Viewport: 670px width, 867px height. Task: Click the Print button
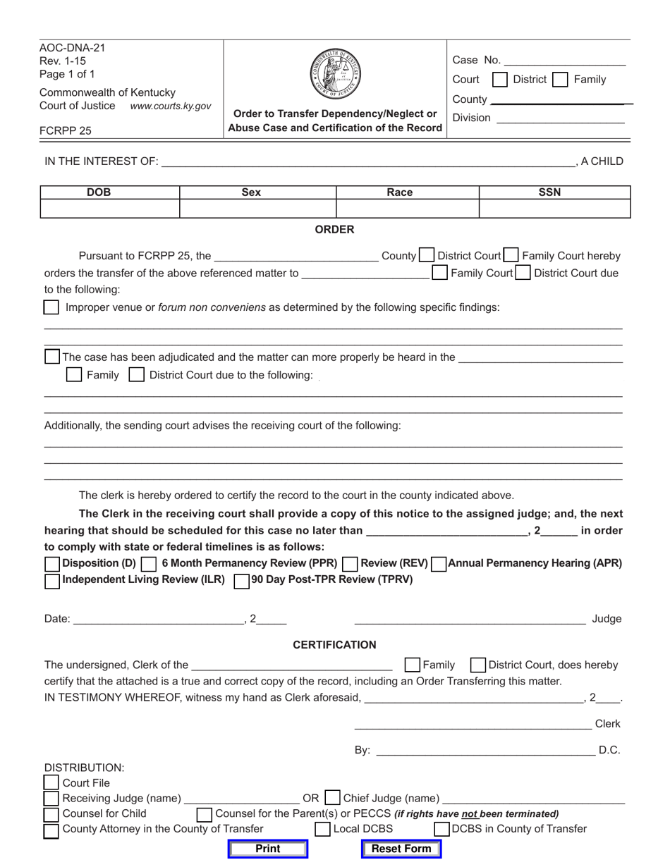pos(267,849)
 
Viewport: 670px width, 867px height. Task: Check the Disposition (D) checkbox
pos(52,564)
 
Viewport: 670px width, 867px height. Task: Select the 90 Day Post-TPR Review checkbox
pos(241,581)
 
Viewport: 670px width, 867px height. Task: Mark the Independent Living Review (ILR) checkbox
pos(52,581)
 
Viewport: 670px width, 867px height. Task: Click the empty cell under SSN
pos(554,209)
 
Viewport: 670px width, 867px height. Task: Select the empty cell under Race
pos(407,209)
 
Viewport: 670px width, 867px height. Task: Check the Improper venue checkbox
pos(51,307)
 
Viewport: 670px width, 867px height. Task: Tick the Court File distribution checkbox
pos(51,782)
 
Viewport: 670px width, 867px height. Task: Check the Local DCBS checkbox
pos(322,829)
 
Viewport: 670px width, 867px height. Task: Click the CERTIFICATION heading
pos(334,645)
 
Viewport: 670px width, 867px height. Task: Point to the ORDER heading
pos(334,230)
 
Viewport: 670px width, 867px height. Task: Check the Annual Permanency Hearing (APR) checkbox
pos(438,564)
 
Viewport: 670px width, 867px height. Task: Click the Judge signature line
pos(469,619)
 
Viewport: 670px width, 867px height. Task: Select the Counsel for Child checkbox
pos(51,814)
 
